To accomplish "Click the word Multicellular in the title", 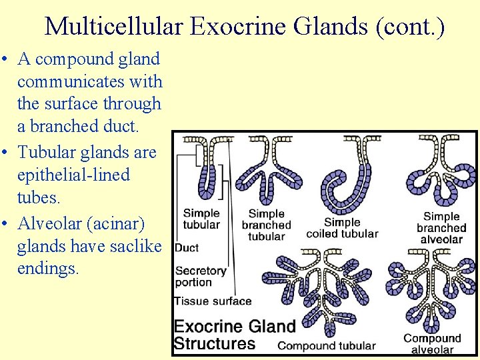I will tap(113, 27).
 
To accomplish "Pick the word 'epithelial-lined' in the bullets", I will tap(73, 175).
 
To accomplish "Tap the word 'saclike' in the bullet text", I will tap(137, 246).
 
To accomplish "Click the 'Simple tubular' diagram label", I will tap(201, 219).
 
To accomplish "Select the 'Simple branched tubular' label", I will tap(266, 225).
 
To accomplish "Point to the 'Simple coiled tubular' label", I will tap(342, 228).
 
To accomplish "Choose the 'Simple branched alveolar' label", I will tap(441, 227).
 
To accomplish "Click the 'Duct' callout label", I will tap(187, 248).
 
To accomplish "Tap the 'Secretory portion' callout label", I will tap(200, 276).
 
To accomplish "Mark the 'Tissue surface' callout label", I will tap(213, 301).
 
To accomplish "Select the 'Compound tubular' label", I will tap(327, 346).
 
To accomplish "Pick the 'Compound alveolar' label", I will tap(432, 344).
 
